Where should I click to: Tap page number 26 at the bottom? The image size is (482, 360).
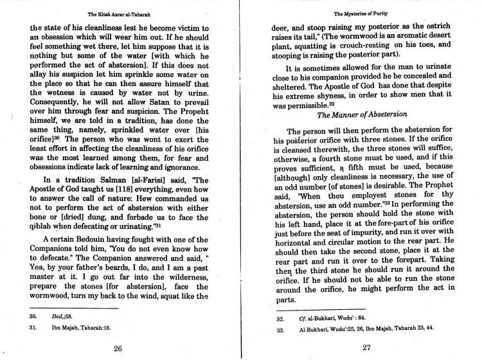click(117, 349)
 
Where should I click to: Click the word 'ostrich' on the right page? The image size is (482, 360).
click(450, 29)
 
